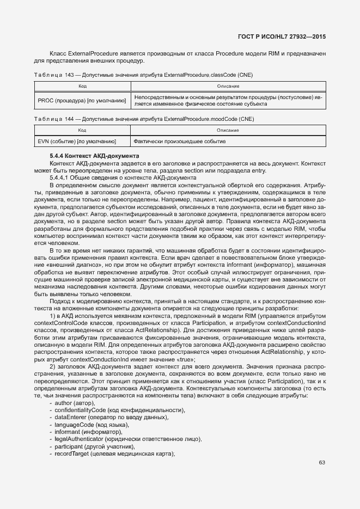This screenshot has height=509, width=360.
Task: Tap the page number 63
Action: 322,463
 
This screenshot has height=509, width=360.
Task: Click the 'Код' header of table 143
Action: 82,87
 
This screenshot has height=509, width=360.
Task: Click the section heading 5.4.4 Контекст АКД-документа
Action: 94,156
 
